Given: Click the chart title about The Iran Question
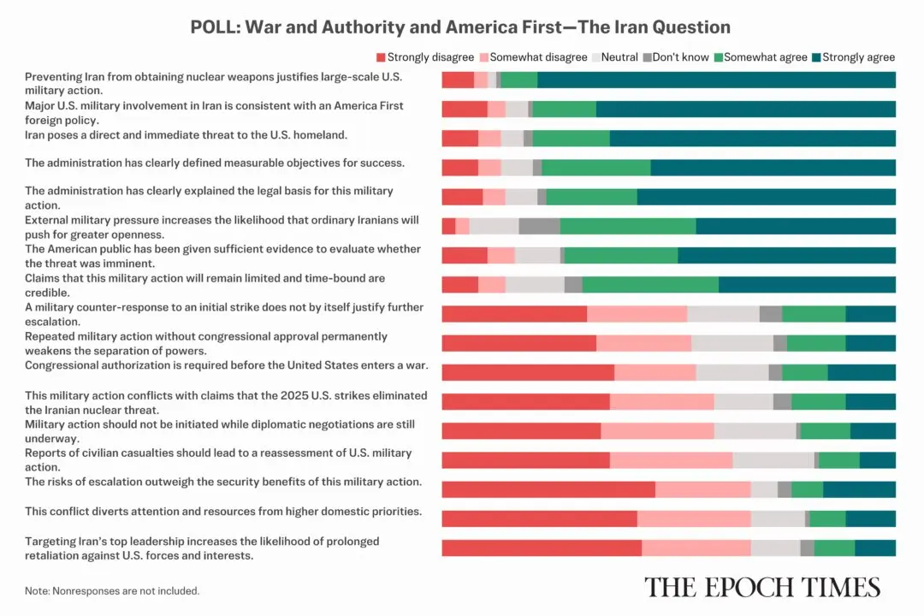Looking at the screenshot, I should pos(460,27).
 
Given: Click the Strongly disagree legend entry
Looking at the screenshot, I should pos(425,57).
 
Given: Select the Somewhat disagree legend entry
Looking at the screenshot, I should pos(533,57).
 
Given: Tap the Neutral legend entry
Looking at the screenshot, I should pos(614,57).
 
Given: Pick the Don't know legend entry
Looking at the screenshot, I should pos(676,57).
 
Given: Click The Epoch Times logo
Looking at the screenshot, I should pos(761,587).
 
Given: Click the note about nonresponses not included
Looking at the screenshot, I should pos(112,590).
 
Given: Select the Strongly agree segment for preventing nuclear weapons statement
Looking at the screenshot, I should pos(716,80).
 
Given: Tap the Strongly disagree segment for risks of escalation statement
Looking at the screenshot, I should pos(548,489).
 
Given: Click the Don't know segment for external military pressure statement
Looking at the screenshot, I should pos(539,226).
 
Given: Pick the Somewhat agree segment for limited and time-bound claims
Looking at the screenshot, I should pos(650,285).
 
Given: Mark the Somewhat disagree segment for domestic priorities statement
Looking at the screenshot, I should pos(694,518).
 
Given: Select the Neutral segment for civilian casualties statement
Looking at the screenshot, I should pos(773,460).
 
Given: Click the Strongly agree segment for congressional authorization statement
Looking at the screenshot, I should pos(862,372).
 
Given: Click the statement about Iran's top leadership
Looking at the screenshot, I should pos(202,548).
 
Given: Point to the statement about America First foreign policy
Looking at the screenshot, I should pos(214,113).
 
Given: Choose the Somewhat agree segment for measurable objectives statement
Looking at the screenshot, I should pos(595,168).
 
